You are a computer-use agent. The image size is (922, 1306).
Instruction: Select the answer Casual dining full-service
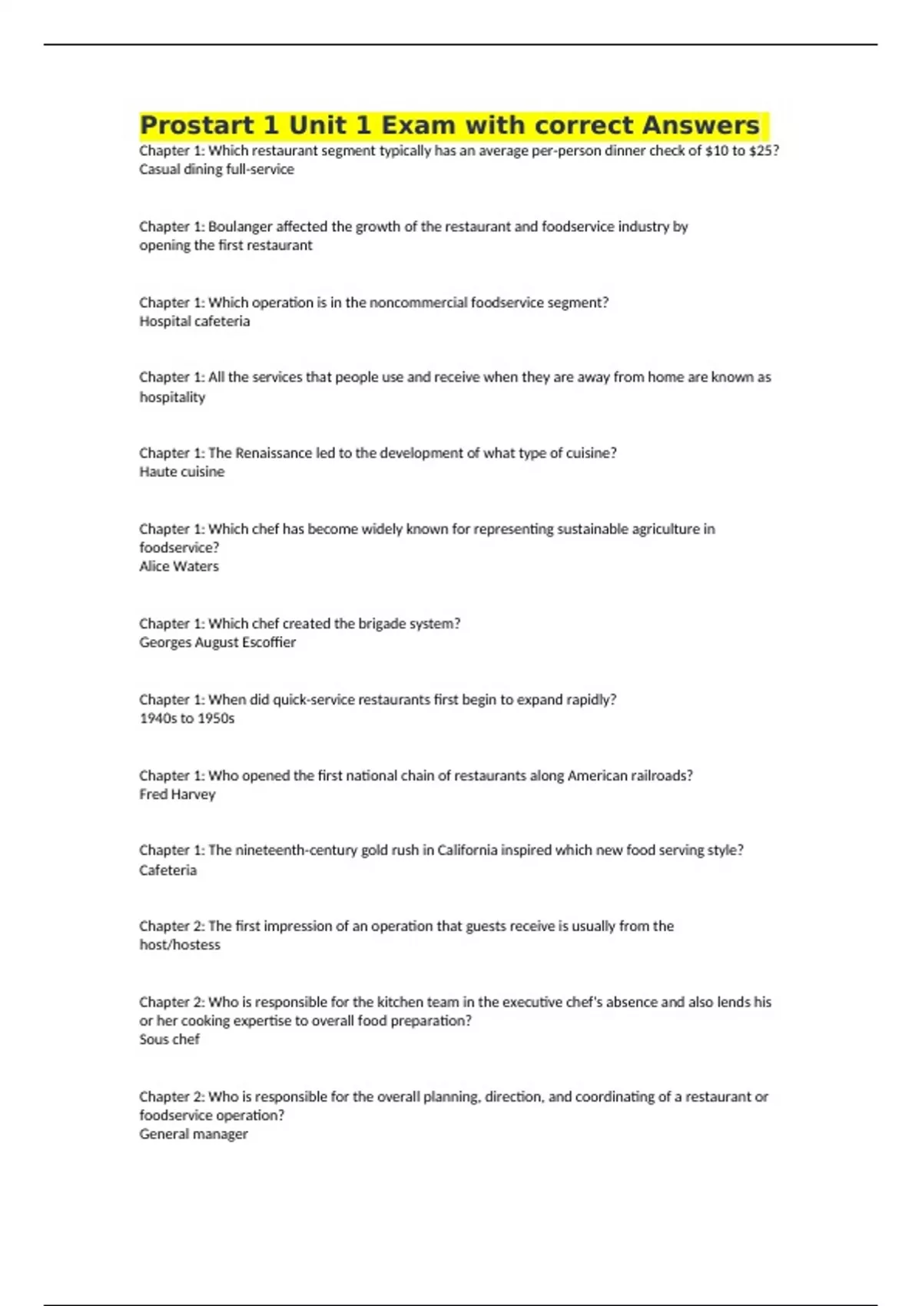(216, 170)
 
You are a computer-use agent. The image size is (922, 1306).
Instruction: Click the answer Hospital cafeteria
(194, 321)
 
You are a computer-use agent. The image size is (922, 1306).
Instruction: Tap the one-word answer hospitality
(172, 397)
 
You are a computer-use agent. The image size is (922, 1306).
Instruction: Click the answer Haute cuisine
(181, 472)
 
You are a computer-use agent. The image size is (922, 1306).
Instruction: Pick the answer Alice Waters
(178, 566)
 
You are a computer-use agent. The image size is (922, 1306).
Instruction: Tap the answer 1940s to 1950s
(187, 718)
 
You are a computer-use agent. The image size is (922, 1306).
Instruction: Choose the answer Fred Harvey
(177, 794)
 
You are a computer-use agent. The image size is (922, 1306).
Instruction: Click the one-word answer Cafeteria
(167, 870)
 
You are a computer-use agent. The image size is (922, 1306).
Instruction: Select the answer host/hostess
(179, 945)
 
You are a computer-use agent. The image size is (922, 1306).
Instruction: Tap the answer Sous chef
(169, 1039)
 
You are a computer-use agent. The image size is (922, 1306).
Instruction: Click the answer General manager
(193, 1134)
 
